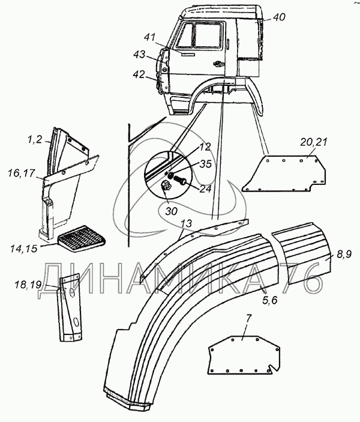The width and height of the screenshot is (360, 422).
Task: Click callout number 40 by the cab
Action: [x=280, y=17]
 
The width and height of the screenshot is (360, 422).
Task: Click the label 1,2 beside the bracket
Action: [x=34, y=140]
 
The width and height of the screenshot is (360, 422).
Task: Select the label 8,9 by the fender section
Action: [x=344, y=255]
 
